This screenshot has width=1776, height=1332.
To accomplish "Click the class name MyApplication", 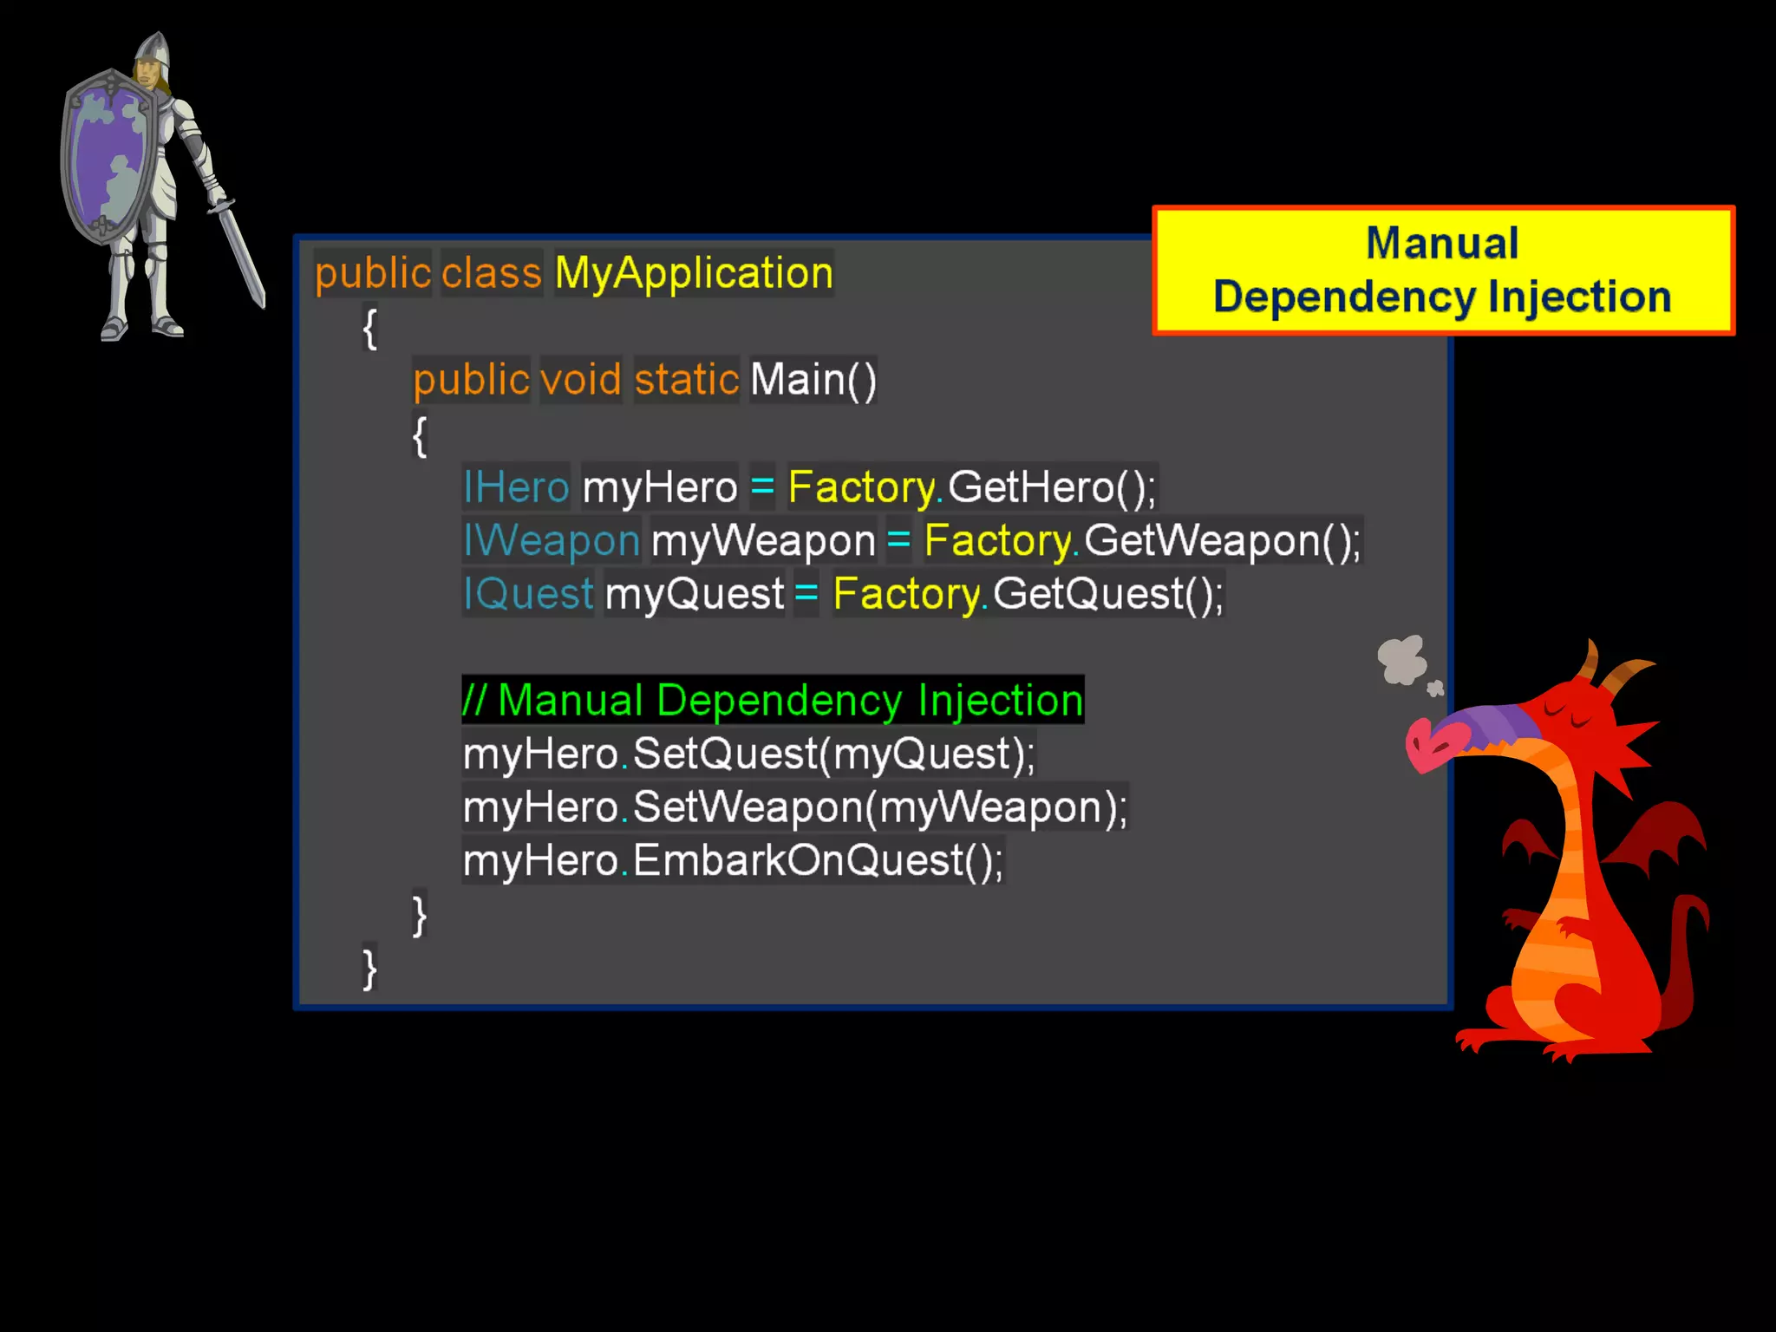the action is [694, 273].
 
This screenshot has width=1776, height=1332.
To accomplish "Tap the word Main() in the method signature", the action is [813, 380].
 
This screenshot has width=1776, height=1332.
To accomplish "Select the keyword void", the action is [581, 380].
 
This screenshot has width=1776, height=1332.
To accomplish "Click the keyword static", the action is [686, 380].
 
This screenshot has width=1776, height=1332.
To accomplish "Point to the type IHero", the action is [516, 486].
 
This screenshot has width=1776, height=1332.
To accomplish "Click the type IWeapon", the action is [552, 540].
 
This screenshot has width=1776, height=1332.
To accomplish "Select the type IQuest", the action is [528, 594].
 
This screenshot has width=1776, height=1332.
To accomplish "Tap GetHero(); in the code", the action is [1051, 486].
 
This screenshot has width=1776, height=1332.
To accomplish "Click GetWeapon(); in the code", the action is [1222, 540].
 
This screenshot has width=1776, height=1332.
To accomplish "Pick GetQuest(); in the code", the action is [1107, 594].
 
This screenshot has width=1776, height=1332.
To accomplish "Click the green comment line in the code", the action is [773, 700].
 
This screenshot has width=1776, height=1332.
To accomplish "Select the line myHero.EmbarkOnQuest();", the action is [733, 861].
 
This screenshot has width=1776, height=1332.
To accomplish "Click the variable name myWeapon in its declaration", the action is [763, 540].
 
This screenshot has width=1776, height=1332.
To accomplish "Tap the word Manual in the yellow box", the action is [1442, 243].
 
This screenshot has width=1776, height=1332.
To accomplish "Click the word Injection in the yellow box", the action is [1579, 297].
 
